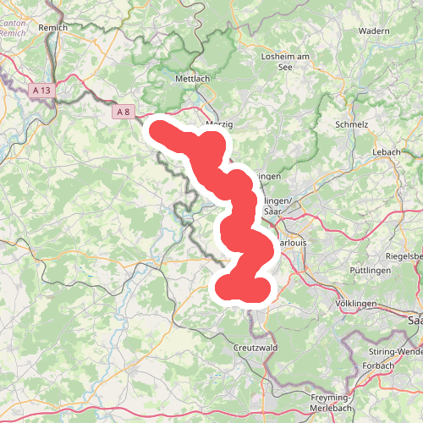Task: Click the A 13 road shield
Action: click(x=42, y=88)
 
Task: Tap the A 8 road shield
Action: click(x=123, y=111)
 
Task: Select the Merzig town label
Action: click(x=218, y=124)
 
